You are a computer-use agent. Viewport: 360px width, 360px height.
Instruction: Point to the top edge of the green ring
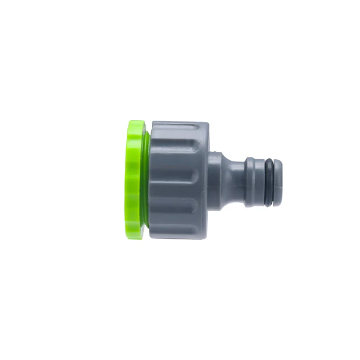136,122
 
